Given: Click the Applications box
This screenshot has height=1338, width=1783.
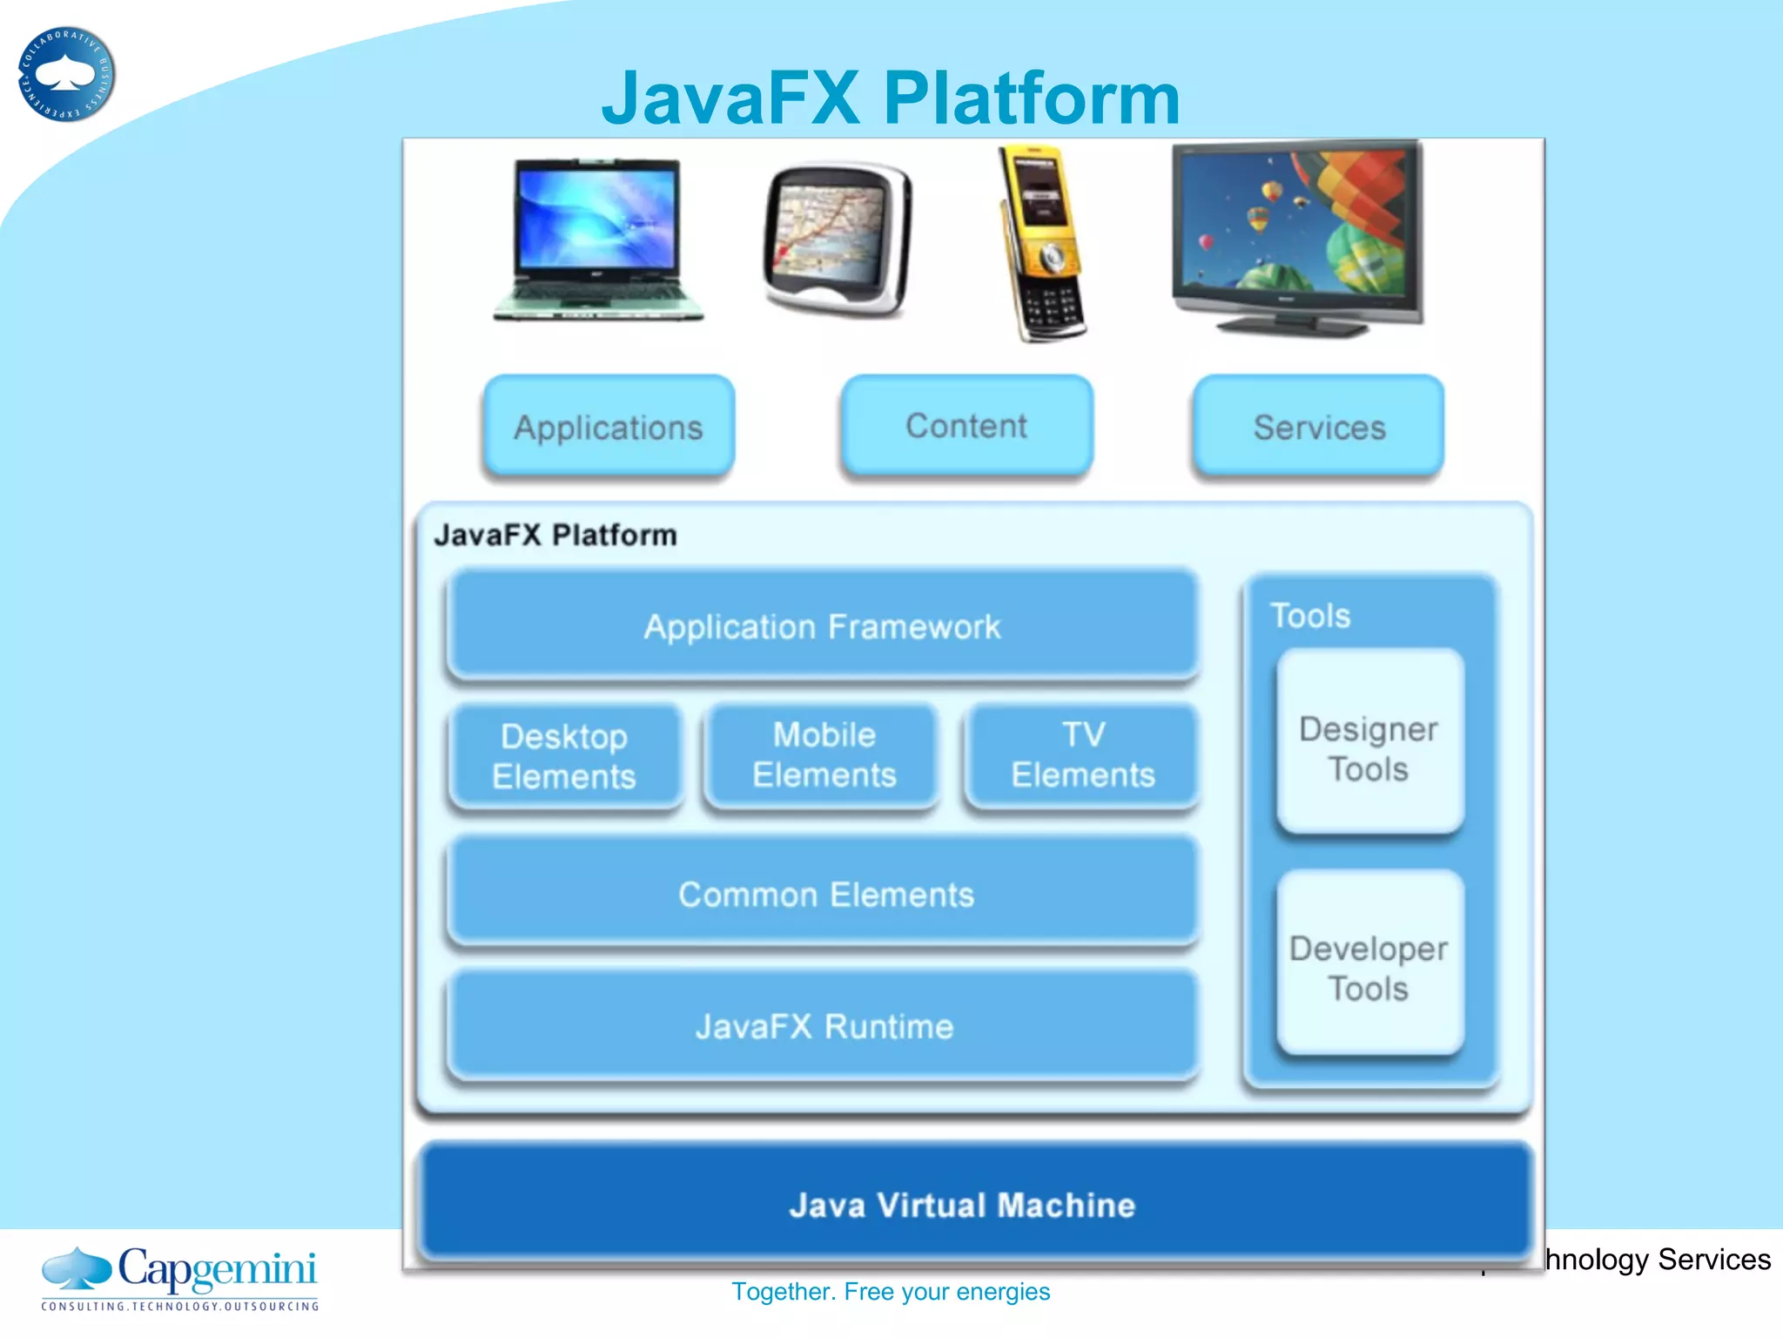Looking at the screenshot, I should (x=609, y=427).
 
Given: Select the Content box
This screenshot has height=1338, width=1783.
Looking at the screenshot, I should (x=966, y=426).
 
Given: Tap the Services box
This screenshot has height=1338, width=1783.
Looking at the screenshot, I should (x=1318, y=427).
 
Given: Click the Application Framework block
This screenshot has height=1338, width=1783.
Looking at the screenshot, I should (x=822, y=626).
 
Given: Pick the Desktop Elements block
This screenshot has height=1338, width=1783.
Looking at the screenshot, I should (x=564, y=756).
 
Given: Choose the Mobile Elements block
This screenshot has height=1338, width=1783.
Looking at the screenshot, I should (x=824, y=754).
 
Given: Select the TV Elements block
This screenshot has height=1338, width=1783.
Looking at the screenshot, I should (x=1082, y=754).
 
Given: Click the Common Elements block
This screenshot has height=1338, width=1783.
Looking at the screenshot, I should (x=824, y=894).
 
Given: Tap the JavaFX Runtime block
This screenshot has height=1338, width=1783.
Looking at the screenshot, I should (x=824, y=1026).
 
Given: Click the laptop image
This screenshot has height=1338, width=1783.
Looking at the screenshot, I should (x=597, y=240).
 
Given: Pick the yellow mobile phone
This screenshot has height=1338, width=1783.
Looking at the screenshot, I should (x=1042, y=245).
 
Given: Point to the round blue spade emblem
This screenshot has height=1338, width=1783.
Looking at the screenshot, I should (x=66, y=75).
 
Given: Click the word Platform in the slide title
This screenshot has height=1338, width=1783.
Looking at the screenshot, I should (x=1031, y=98).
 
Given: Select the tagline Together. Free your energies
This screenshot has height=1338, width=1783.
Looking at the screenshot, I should (x=890, y=1291).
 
